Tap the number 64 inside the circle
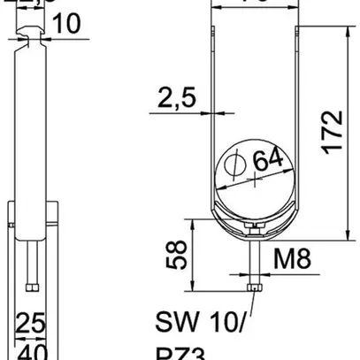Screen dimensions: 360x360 click(269, 161)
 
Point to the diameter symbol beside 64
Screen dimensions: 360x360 click(235, 164)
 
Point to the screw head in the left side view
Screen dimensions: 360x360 click(31, 287)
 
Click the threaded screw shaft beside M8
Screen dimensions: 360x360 click(256, 261)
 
